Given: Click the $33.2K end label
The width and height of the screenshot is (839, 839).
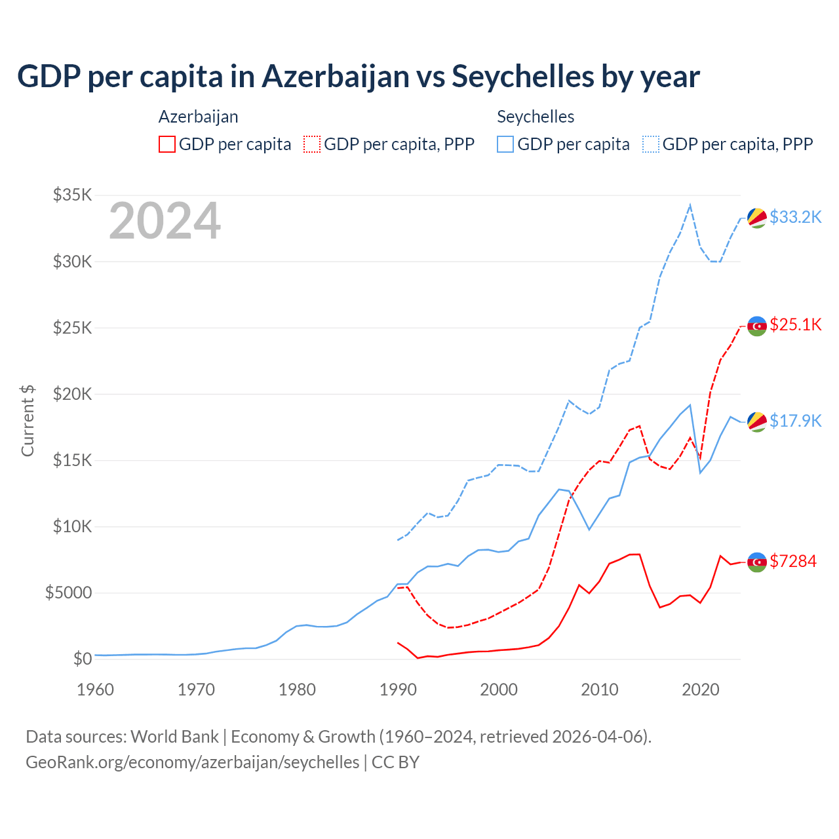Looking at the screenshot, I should coord(795,217).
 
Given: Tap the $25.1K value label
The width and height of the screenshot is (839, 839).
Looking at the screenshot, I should coord(795,324).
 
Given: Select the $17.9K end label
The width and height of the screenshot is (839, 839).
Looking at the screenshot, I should coord(795,421).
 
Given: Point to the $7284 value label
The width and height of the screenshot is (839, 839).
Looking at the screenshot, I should coord(792,561).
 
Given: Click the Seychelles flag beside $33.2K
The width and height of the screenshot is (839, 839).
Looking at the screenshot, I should coord(757,218).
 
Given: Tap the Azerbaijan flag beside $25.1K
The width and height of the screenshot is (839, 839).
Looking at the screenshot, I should coord(757,326).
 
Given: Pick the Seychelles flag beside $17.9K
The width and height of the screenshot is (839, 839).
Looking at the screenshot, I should coord(757,422).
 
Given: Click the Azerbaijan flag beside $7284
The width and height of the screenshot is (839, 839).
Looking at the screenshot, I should coord(757,562).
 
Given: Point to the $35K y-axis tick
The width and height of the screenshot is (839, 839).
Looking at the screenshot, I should coord(73,195).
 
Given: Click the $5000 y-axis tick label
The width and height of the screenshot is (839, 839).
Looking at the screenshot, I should coord(68,593).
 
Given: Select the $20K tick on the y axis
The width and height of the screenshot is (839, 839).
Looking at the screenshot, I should coord(73,394).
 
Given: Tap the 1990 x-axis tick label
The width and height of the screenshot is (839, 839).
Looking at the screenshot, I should coord(398,690).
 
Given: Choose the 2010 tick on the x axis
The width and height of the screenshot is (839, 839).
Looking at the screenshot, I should coord(600,690).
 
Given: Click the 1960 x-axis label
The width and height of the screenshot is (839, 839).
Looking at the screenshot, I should coord(96,690).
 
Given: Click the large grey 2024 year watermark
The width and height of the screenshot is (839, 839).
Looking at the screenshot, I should coord(165,222).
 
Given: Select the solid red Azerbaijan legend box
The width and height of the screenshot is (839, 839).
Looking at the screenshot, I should coord(167,144).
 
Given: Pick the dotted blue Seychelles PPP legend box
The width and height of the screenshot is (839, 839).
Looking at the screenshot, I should coord(651,144).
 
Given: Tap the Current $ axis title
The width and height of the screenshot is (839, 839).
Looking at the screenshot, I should coord(28,421).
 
